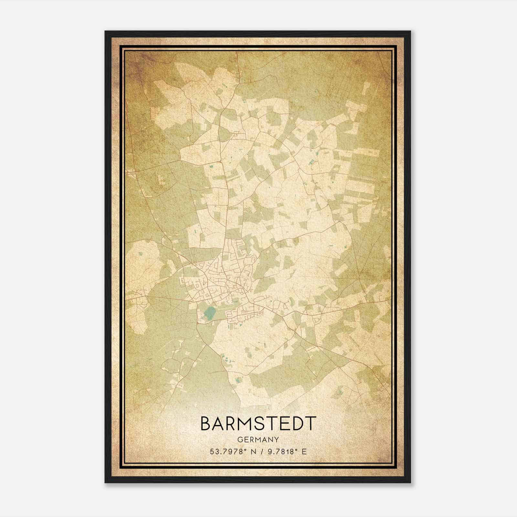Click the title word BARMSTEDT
pos(258,424)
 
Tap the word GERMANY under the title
pos(258,439)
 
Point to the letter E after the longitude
pos(304,452)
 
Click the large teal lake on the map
pos(209,313)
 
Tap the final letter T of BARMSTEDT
pos(310,424)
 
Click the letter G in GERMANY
pos(239,439)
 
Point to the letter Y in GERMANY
pos(276,439)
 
